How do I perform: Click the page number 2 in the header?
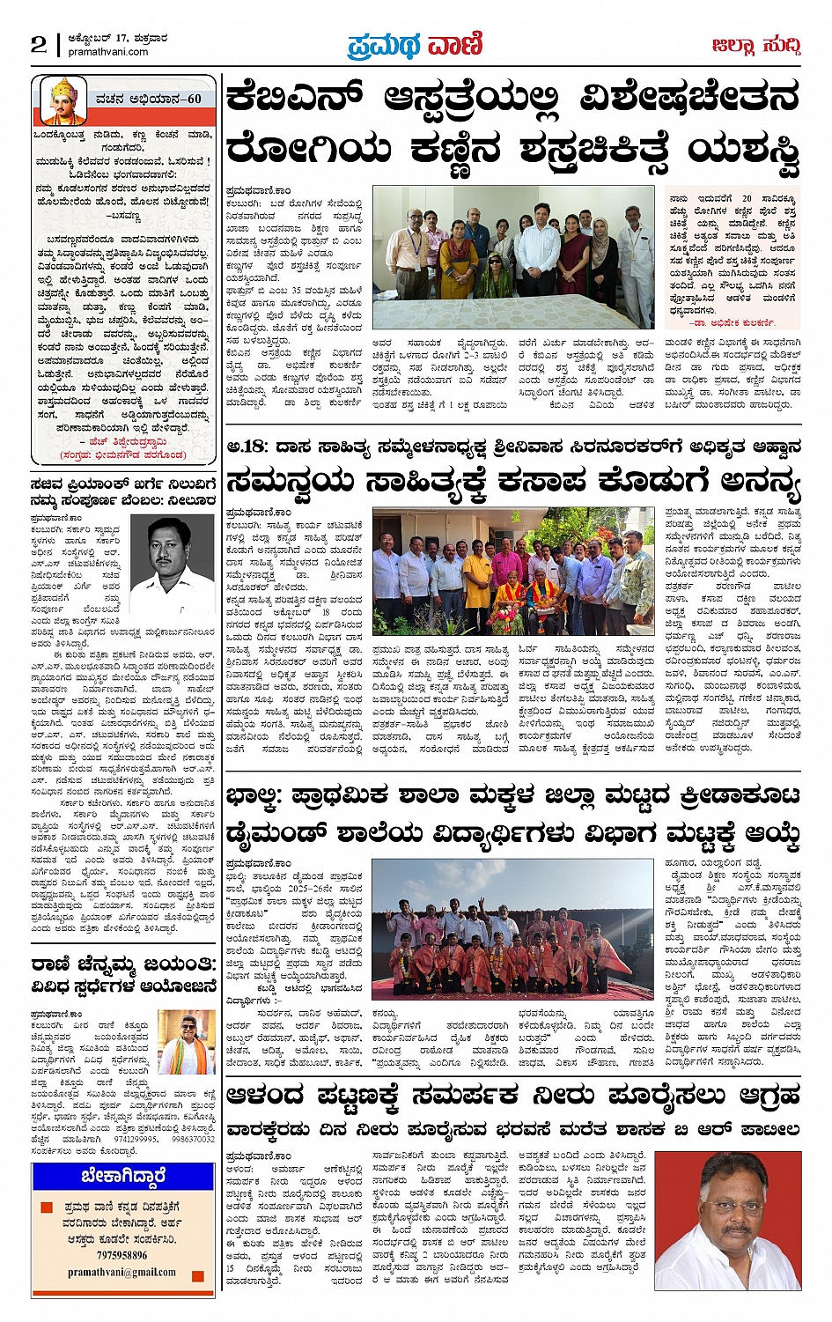(39, 44)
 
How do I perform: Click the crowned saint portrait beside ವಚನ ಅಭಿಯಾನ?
(63, 99)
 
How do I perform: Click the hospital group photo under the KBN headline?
(513, 256)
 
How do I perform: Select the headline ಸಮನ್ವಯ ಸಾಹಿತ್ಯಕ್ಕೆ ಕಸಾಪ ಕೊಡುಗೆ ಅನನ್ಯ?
(513, 481)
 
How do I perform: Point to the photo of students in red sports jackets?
(513, 930)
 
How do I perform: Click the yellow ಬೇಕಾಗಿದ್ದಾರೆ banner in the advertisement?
(122, 1177)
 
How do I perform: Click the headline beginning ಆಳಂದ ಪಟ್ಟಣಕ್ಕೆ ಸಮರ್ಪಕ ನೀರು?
(513, 1097)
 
